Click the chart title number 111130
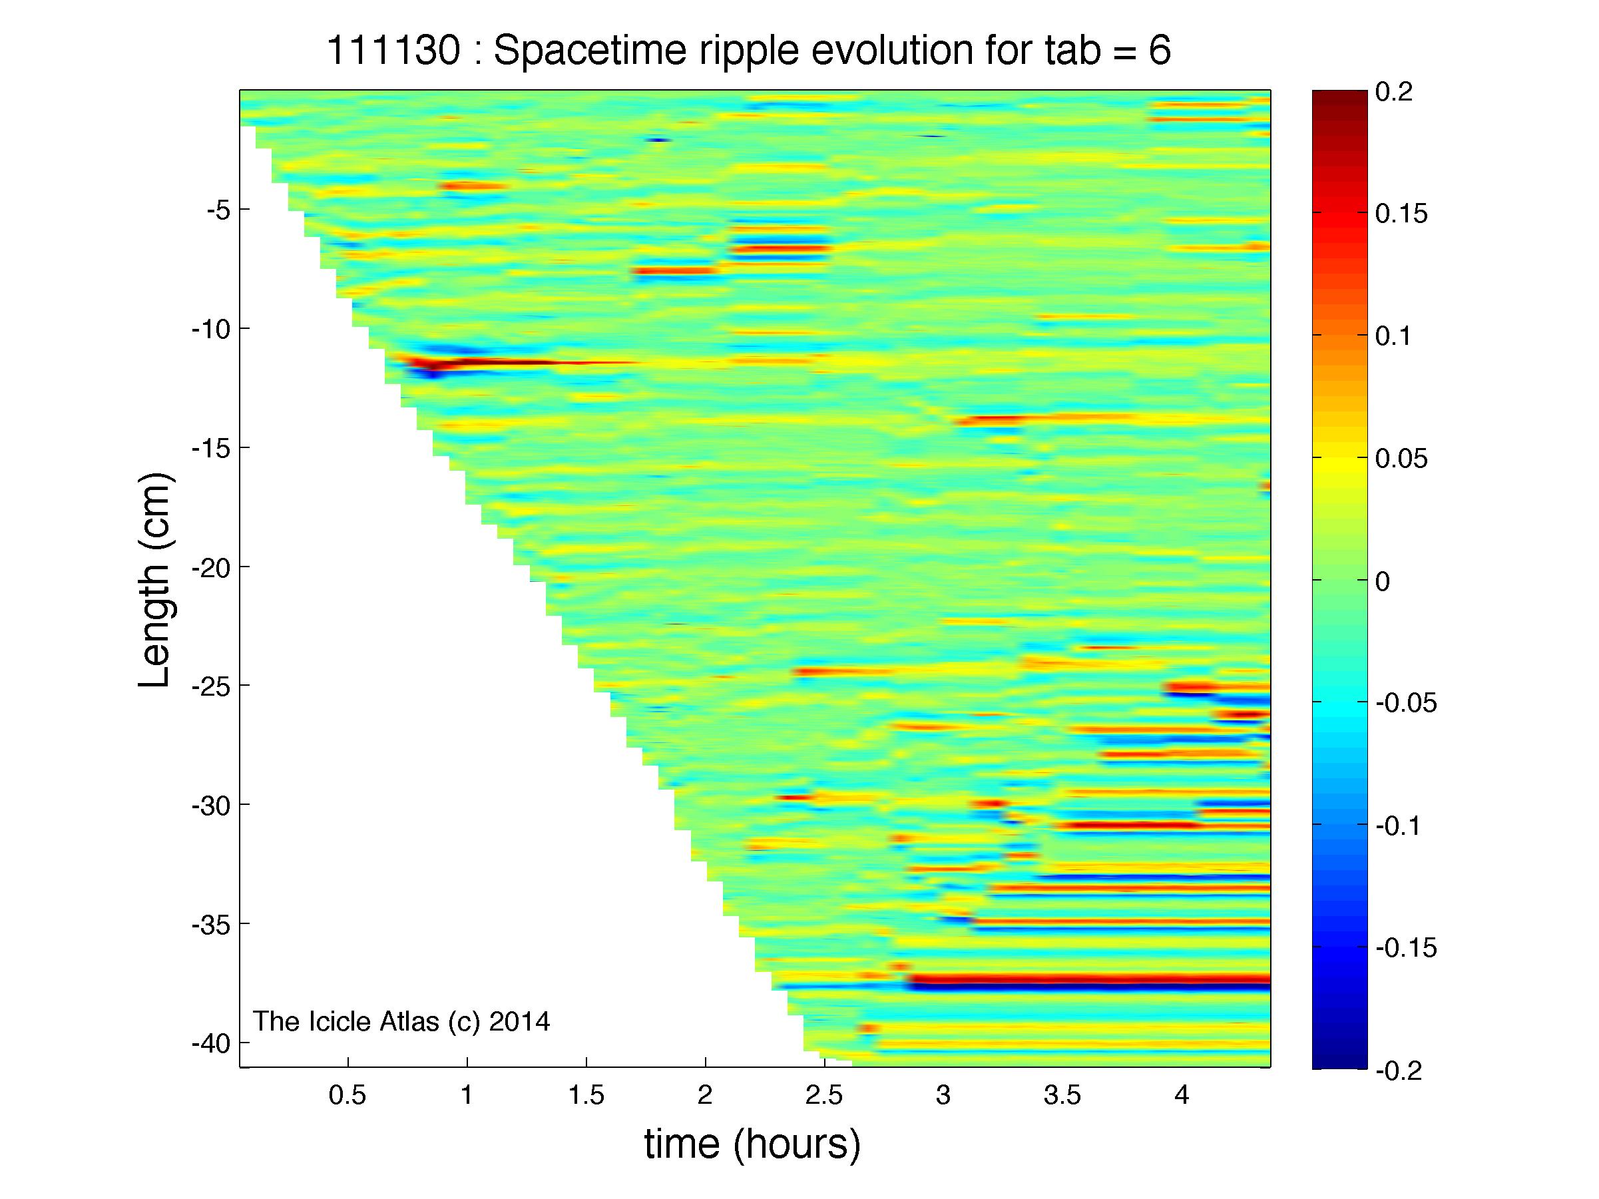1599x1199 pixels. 393,51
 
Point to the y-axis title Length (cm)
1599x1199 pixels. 154,580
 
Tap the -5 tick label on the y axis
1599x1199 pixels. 218,211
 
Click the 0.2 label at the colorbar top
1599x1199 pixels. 1394,93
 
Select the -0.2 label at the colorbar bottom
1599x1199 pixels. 1399,1071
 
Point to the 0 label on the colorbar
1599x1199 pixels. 1383,582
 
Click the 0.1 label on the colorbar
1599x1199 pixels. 1394,337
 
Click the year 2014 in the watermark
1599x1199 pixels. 519,1021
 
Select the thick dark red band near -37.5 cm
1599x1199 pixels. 1088,980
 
